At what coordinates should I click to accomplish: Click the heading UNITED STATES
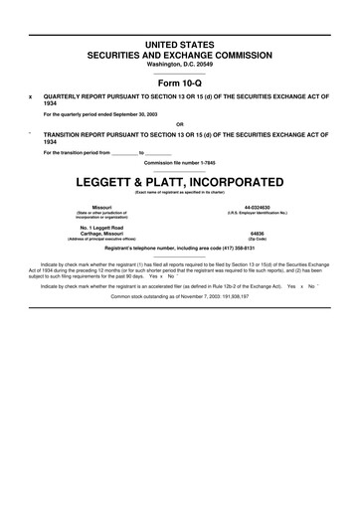(179, 47)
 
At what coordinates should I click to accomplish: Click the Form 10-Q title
(179, 82)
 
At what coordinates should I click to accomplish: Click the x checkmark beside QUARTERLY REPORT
(31, 96)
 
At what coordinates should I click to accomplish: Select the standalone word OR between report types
(179, 124)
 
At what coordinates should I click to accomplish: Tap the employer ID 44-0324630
(257, 207)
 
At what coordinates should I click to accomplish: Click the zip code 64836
(257, 234)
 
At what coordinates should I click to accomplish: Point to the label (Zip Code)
(257, 240)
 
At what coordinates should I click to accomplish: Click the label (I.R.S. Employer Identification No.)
(257, 213)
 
